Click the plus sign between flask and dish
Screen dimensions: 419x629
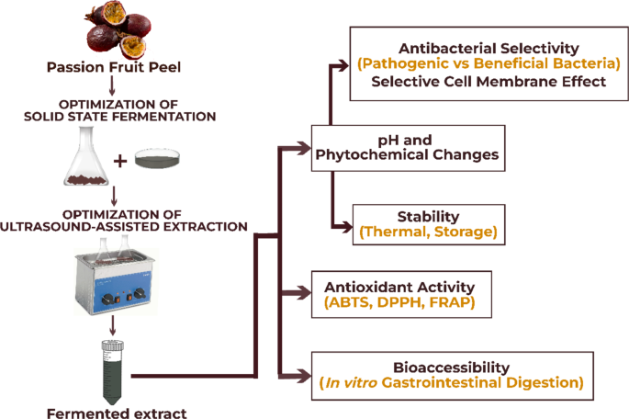coord(118,163)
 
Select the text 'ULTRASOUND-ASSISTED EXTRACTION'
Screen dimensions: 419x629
coord(112,226)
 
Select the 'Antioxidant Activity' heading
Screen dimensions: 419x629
coord(398,286)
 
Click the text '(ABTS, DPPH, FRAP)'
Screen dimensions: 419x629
coord(398,301)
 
